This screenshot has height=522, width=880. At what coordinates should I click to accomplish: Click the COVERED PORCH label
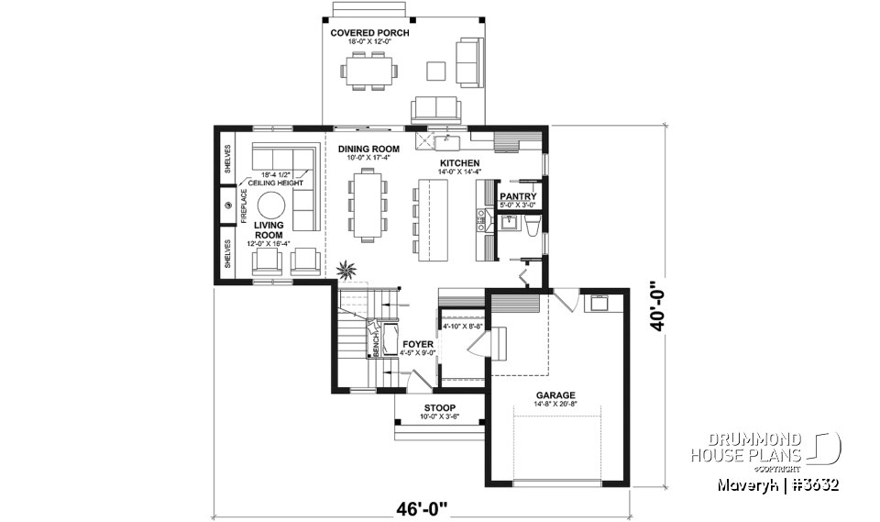pos(369,33)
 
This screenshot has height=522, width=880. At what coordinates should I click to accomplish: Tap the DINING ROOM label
pos(368,149)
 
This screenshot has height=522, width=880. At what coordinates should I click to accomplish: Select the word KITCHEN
pos(458,163)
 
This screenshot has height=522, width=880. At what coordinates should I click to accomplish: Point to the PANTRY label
pos(518,195)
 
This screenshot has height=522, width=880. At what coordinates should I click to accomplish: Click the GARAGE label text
pos(556,395)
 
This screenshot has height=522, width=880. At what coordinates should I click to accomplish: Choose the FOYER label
pos(418,344)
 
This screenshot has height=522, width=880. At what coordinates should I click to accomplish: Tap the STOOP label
pos(440,408)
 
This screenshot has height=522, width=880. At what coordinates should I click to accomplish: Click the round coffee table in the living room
pos(272,205)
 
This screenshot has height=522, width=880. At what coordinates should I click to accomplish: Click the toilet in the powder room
pos(531,226)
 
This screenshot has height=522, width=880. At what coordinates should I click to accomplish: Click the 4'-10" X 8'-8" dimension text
pos(462,326)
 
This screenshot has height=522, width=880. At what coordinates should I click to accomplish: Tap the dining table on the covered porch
pos(369,70)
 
